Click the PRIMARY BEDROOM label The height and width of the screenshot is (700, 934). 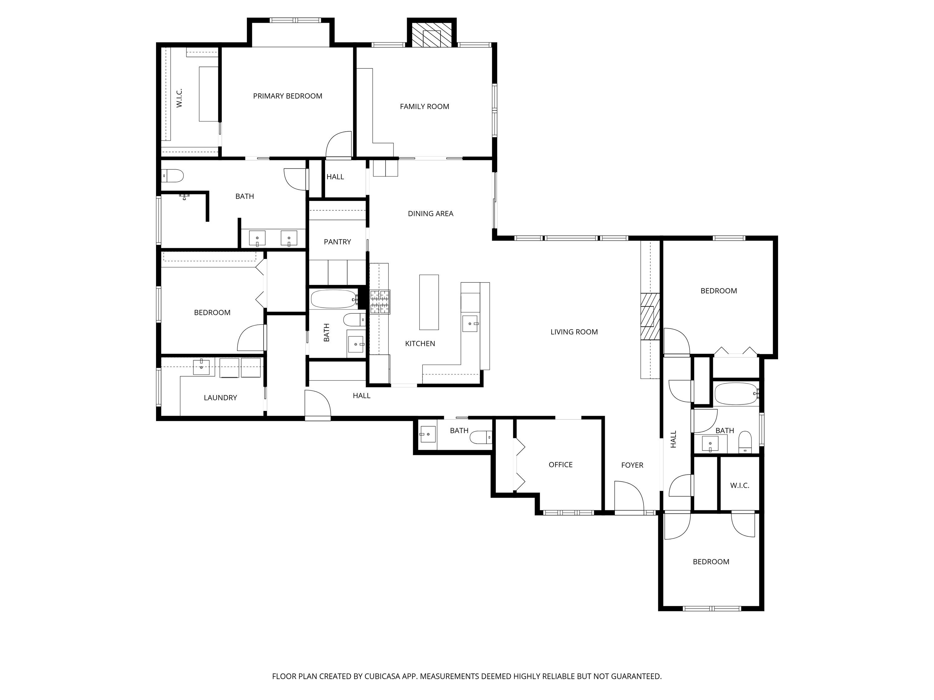288,96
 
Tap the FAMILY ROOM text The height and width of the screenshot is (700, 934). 424,107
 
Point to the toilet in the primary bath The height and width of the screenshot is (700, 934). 173,175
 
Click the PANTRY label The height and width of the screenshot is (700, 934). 337,242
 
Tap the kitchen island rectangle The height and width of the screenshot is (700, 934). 429,302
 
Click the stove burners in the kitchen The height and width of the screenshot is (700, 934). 380,302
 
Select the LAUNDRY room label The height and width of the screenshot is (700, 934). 220,398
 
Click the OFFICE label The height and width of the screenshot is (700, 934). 560,464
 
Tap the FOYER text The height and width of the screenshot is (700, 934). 632,465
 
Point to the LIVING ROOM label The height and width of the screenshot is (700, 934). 574,332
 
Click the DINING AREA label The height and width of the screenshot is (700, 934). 430,213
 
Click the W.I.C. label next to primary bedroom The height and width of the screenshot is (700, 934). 179,98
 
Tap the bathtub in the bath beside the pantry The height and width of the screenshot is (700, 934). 333,299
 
